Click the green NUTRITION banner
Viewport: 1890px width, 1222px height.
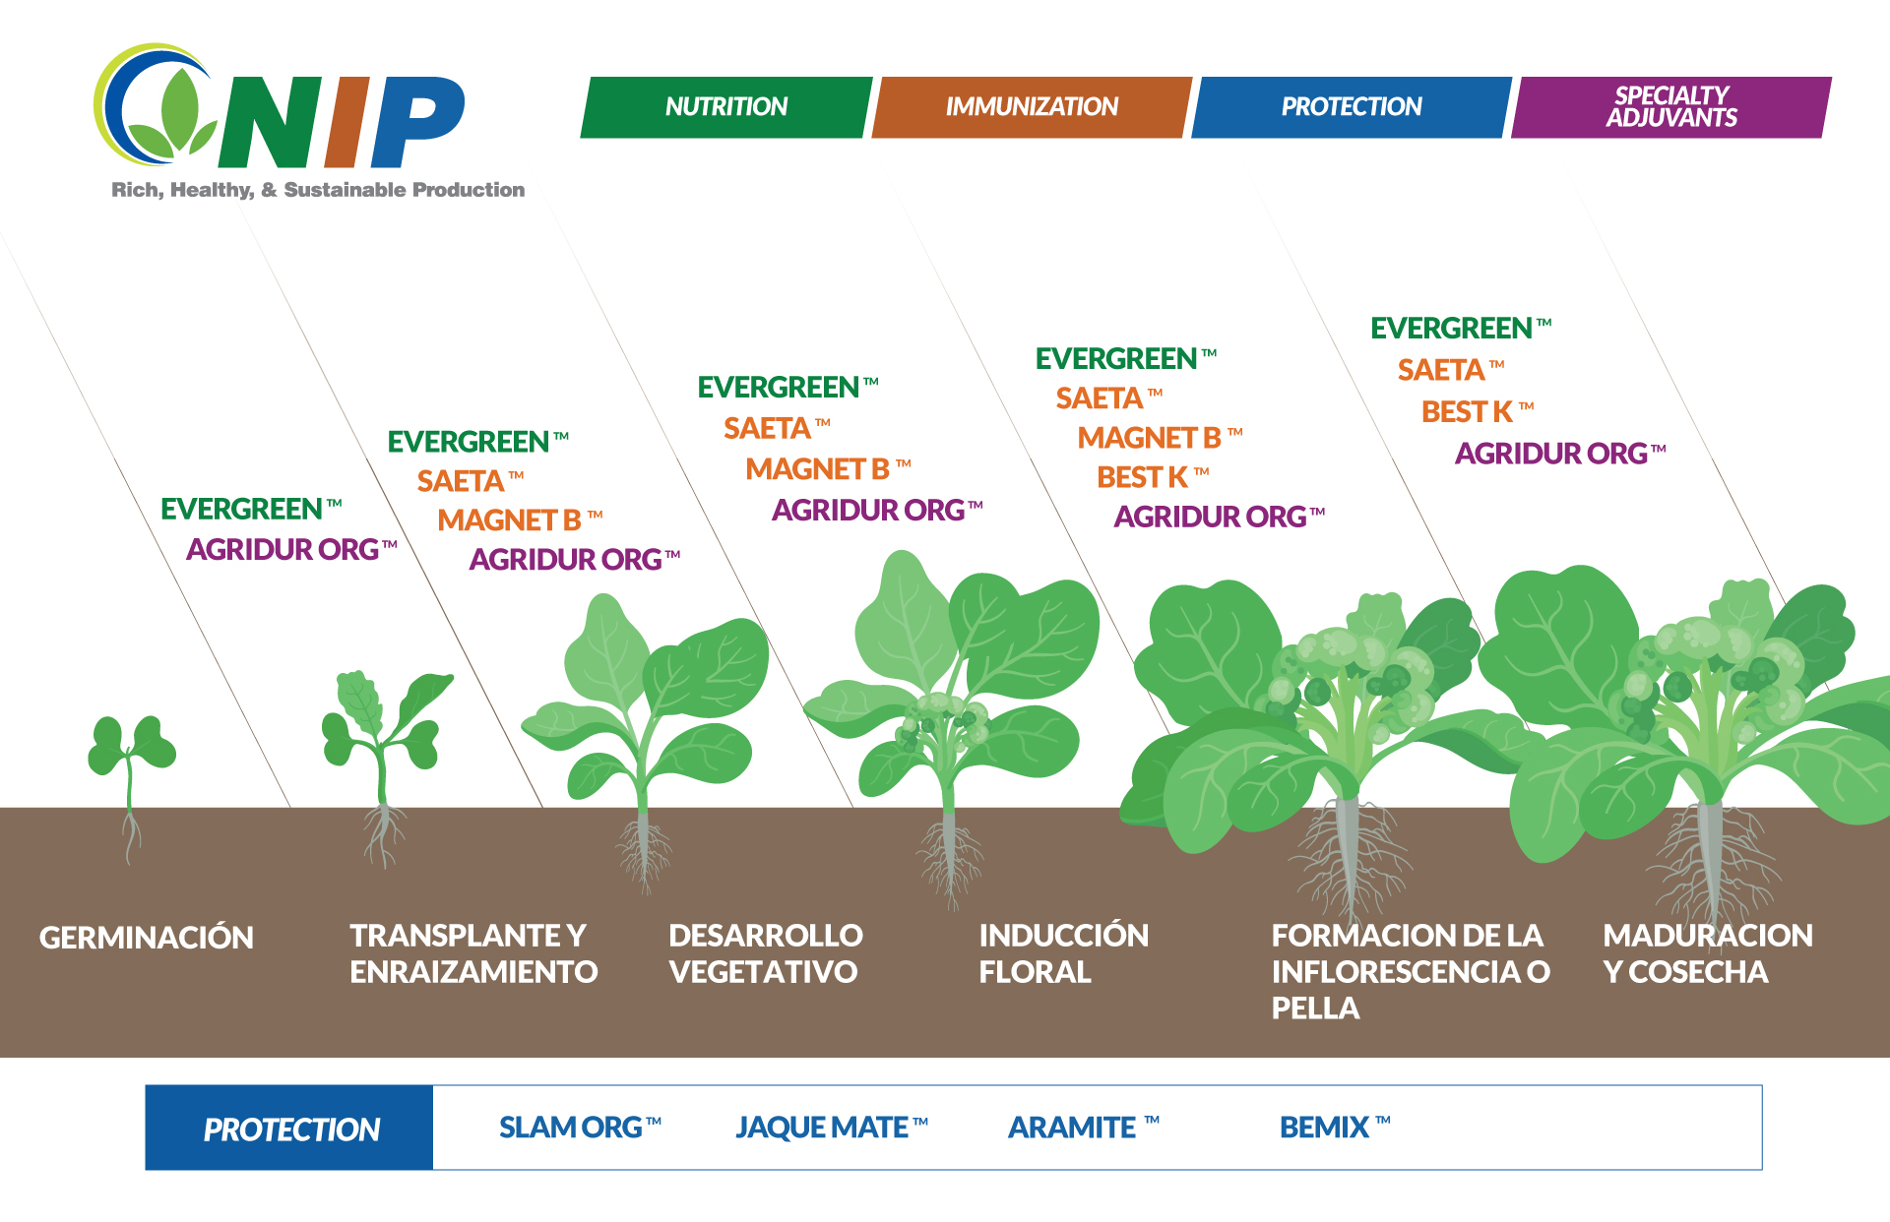725,106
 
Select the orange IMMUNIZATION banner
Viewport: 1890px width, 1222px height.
1031,106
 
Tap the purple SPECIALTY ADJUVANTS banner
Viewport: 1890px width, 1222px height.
1670,106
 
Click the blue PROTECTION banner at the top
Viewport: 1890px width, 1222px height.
1351,106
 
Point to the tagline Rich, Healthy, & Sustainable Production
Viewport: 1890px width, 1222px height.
317,190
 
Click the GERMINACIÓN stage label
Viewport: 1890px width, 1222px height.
146,938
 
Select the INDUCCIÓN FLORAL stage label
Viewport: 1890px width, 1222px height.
1063,952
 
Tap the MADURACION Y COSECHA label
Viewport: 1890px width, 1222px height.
1706,952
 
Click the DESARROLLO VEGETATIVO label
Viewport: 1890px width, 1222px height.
765,952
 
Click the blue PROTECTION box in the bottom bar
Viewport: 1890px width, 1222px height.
289,1129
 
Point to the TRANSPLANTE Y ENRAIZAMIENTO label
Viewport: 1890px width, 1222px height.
472,952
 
